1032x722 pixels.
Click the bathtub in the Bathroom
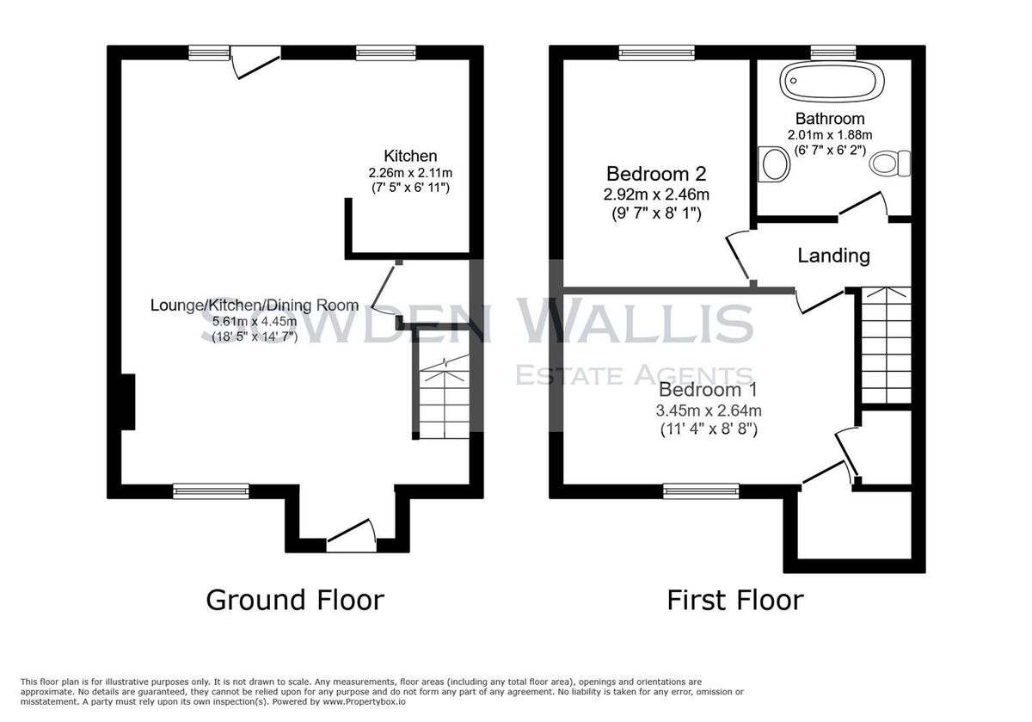click(x=832, y=81)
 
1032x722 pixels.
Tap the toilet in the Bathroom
click(x=890, y=164)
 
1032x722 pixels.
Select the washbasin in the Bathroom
click(x=773, y=164)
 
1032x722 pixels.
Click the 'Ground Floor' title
click(x=295, y=601)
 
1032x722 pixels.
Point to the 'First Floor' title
click(x=735, y=601)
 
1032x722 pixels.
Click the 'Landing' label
click(x=834, y=256)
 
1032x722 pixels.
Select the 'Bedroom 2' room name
click(x=656, y=174)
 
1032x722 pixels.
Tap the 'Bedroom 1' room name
click(x=708, y=390)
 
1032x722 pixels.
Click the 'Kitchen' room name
click(x=410, y=156)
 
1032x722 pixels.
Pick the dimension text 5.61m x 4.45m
click(x=255, y=321)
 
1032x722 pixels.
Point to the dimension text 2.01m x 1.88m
click(x=830, y=135)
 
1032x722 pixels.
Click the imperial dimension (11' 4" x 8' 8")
click(x=709, y=429)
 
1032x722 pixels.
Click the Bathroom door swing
click(x=863, y=204)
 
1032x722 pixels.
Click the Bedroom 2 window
click(x=656, y=52)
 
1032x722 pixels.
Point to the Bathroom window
click(x=833, y=52)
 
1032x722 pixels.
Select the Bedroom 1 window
click(x=701, y=491)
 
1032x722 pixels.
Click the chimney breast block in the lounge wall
click(x=127, y=402)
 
